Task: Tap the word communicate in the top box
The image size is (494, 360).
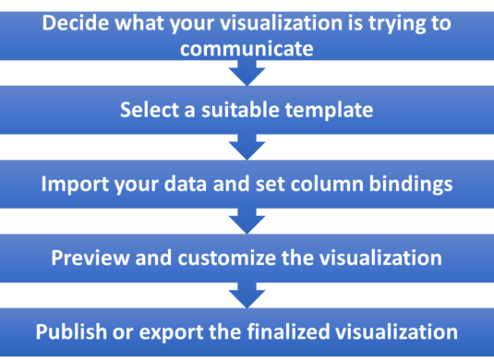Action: click(x=247, y=45)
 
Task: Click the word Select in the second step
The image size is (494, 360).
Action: click(x=148, y=111)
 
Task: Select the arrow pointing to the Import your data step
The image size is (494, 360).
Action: click(x=247, y=147)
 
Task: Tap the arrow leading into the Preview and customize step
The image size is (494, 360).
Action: click(x=247, y=221)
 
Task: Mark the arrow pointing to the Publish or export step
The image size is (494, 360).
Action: click(x=247, y=294)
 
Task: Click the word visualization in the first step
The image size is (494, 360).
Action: click(x=259, y=21)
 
